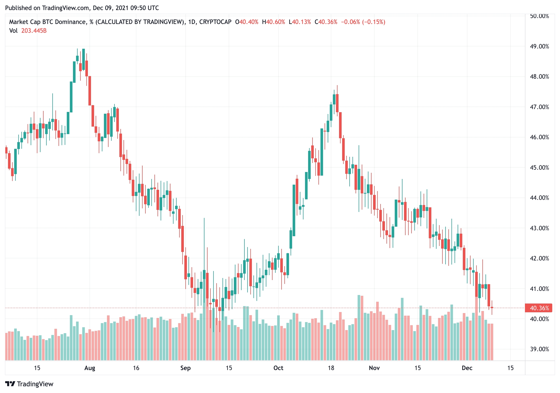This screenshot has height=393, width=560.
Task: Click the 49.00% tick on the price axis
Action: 539,46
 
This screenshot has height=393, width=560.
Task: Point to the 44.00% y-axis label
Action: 539,198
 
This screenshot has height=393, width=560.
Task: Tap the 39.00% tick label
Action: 539,349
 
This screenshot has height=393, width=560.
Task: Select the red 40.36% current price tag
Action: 539,308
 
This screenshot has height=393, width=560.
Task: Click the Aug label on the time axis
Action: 90,368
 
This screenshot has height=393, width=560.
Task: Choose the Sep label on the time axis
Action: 185,368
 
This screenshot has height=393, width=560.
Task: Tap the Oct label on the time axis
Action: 278,368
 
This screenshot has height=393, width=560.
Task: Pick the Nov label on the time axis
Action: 374,368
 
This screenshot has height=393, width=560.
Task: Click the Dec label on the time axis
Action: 467,368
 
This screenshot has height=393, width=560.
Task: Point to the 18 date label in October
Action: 331,368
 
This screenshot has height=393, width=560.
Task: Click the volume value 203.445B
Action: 34,31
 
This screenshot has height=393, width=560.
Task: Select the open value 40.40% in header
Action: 249,22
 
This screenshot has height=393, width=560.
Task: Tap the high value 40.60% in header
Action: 275,22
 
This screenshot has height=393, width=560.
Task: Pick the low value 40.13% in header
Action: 301,22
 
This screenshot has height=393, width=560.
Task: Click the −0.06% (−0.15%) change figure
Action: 363,22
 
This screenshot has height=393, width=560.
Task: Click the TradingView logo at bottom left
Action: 29,384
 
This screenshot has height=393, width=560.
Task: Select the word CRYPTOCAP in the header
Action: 215,22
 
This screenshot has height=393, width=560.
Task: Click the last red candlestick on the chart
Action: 492,307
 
